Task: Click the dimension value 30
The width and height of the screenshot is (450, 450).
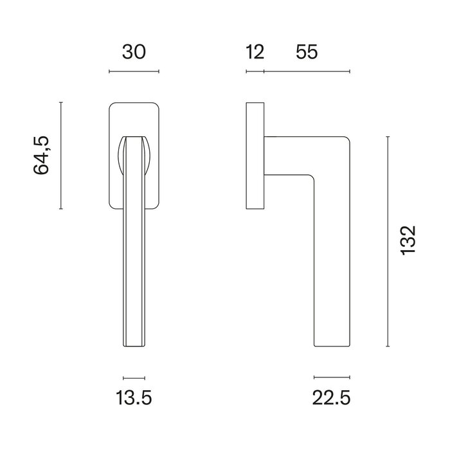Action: click(x=134, y=53)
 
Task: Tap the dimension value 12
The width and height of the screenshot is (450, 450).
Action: click(x=255, y=53)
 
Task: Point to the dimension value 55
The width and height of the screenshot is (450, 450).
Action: click(x=307, y=53)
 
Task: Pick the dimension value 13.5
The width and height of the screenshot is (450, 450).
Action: click(x=134, y=399)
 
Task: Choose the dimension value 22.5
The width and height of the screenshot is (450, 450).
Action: click(x=332, y=399)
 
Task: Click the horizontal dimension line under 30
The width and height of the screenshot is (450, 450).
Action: click(x=134, y=71)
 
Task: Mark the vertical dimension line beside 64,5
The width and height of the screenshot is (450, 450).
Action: click(x=61, y=155)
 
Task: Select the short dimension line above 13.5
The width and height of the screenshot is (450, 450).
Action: click(x=134, y=377)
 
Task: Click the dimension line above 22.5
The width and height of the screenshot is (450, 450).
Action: click(x=332, y=377)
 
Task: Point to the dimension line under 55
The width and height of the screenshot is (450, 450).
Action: click(x=307, y=71)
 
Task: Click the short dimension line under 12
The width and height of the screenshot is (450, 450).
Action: click(x=255, y=71)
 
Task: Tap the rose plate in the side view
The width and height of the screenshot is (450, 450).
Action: click(x=255, y=155)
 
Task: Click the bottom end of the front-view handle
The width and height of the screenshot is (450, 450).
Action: click(x=134, y=344)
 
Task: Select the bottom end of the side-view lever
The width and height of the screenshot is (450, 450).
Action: click(x=332, y=344)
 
